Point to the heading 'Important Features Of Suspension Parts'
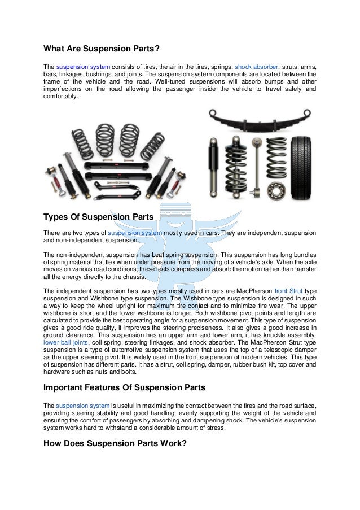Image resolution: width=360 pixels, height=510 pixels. click(x=124, y=387)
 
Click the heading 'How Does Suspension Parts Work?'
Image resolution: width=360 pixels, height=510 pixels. click(x=115, y=443)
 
